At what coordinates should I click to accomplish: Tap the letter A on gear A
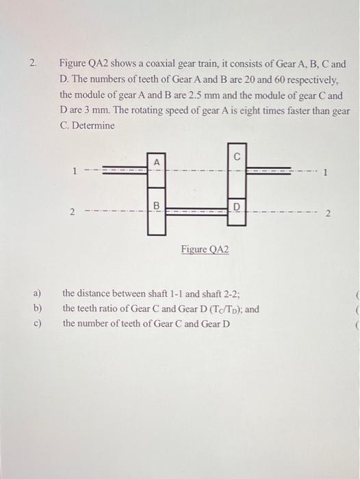[156, 161]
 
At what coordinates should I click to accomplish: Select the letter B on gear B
[156, 205]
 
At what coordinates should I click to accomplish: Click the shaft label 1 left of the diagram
[74, 172]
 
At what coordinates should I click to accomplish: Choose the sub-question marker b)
[37, 309]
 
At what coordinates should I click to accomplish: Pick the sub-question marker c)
[37, 322]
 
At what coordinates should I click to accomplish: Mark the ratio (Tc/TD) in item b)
[218, 309]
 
